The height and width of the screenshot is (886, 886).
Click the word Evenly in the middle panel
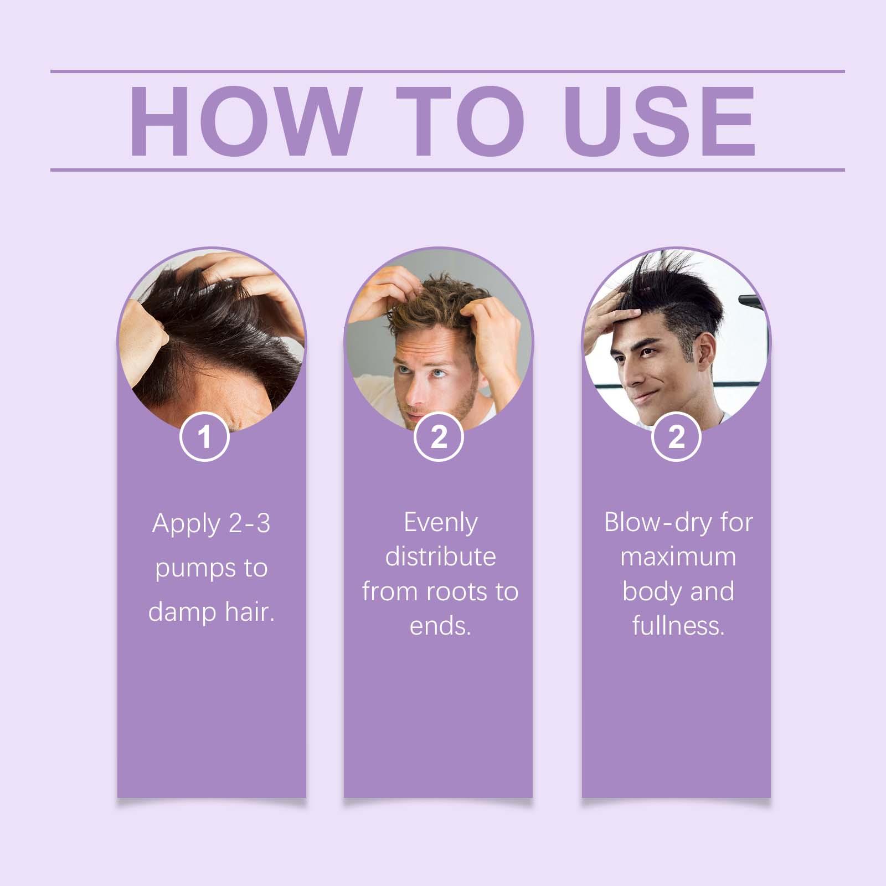[x=440, y=523]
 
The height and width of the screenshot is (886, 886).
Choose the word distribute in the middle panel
[x=440, y=557]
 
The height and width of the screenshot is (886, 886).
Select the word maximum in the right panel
[x=678, y=557]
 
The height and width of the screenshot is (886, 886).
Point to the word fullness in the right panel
[x=678, y=626]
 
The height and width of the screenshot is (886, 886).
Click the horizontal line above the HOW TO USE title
[x=447, y=71]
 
